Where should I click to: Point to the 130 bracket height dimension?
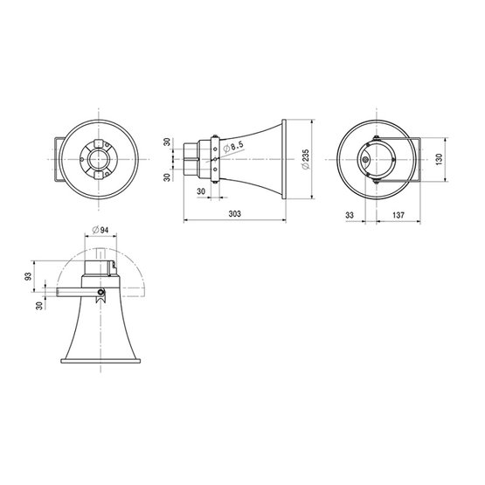coord(443,160)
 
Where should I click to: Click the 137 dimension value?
coord(398,213)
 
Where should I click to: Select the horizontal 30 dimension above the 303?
coord(201,191)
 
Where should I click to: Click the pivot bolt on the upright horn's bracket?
coord(102,293)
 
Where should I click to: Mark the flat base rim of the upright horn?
coord(100,360)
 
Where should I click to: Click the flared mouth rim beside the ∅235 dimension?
coord(286,160)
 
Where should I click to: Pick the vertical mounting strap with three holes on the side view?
coord(214,160)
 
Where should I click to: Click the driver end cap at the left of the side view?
coord(190,160)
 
